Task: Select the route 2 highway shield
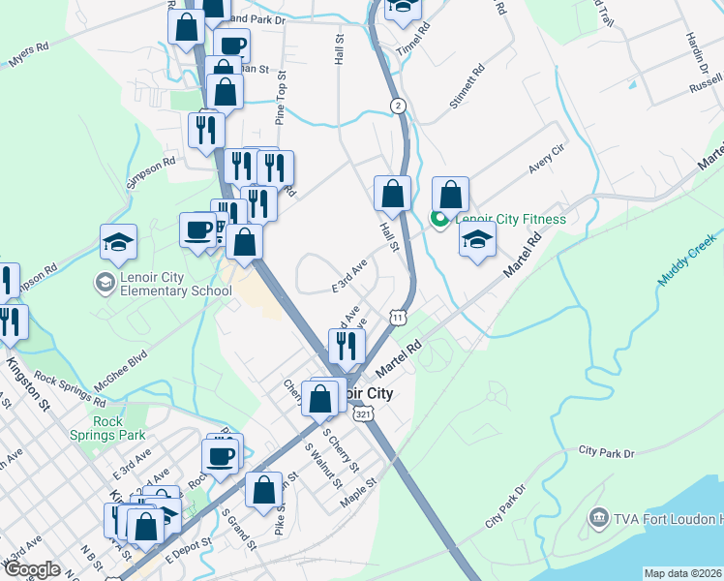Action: pyautogui.click(x=397, y=105)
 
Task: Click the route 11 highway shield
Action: pyautogui.click(x=397, y=317)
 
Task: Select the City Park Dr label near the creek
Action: pyautogui.click(x=606, y=452)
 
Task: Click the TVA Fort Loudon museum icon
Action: pyautogui.click(x=598, y=518)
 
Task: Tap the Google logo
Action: pyautogui.click(x=32, y=568)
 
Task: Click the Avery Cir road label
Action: pyautogui.click(x=546, y=157)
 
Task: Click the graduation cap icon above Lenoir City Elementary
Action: pyautogui.click(x=118, y=243)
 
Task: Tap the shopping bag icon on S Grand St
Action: pyautogui.click(x=263, y=490)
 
